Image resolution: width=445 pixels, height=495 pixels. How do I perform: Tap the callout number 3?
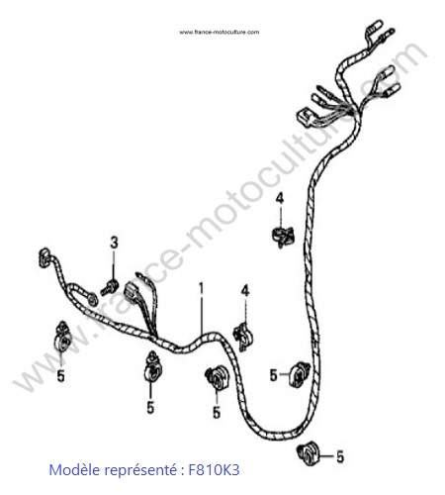click(114, 243)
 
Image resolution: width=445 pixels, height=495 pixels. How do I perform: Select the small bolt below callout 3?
click(110, 287)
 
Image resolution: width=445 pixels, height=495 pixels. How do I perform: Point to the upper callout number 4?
click(280, 198)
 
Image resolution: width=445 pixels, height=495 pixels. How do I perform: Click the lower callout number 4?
click(245, 291)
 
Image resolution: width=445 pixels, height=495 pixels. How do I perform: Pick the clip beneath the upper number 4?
click(284, 237)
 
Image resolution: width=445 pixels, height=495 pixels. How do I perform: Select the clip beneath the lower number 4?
click(243, 336)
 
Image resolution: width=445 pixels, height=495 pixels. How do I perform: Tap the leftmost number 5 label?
click(60, 376)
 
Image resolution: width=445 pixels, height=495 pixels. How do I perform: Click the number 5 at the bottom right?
click(340, 456)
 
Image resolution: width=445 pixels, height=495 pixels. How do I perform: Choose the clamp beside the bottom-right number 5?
click(308, 453)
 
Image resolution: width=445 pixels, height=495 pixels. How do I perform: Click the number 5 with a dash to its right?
click(273, 375)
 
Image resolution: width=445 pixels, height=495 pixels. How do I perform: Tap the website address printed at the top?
click(220, 32)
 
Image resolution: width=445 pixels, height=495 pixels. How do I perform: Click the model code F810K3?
click(214, 469)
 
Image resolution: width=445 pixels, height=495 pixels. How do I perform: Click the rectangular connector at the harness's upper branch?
click(305, 117)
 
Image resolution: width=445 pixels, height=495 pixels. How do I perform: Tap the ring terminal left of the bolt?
click(91, 299)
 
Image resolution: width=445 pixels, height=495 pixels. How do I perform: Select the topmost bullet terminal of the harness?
click(375, 27)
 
